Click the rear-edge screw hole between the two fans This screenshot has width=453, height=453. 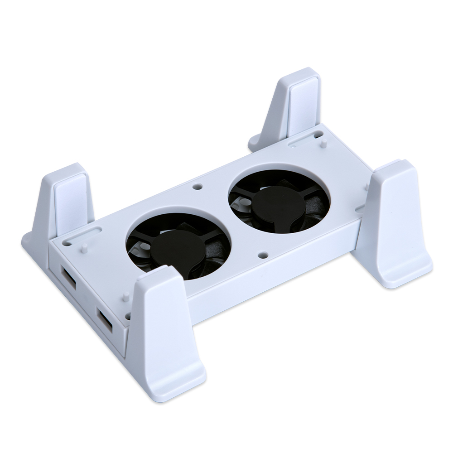pyautogui.click(x=197, y=186)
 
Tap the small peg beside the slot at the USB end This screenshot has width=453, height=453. pyautogui.click(x=84, y=248)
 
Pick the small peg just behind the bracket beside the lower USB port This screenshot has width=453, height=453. pyautogui.click(x=126, y=297)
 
